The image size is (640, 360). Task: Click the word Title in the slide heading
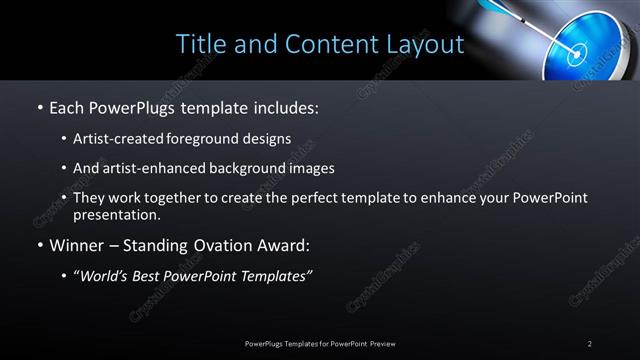pos(199,44)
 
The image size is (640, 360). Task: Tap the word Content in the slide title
pos(327,45)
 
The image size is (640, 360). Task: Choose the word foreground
pos(211,139)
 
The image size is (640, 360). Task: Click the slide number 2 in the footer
pos(590,343)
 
